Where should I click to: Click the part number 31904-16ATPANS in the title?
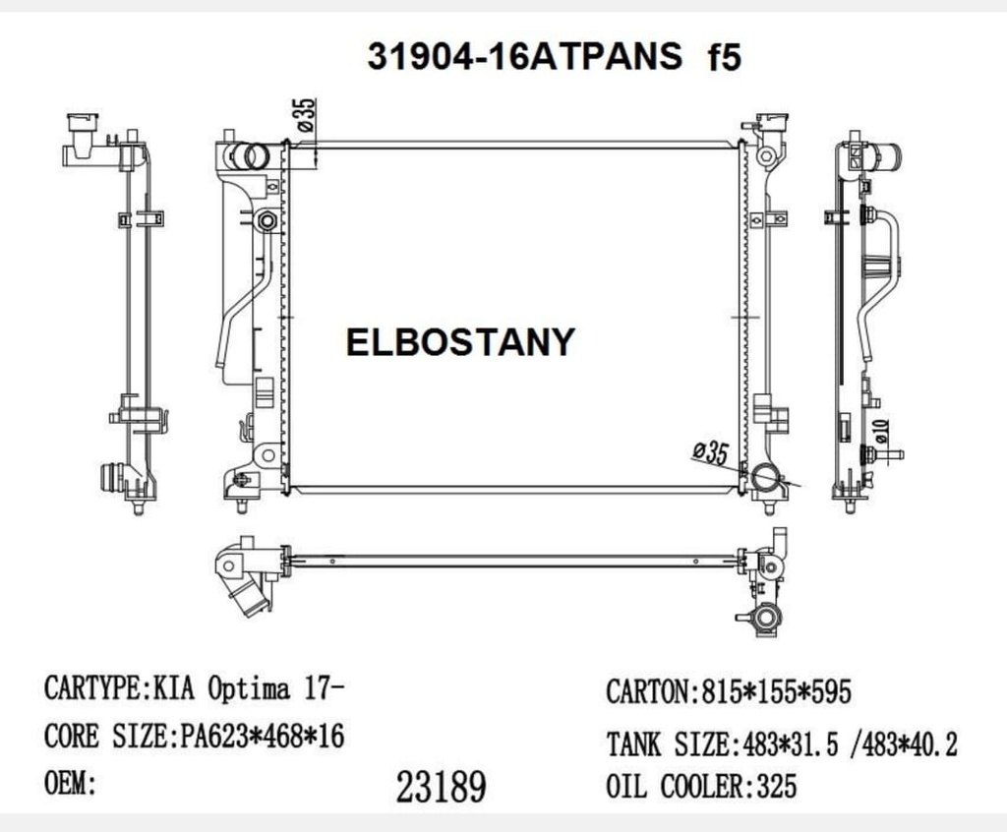coord(524,57)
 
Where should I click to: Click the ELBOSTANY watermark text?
coord(460,341)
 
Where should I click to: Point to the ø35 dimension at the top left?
coord(306,117)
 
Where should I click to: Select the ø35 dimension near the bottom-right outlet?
coord(710,453)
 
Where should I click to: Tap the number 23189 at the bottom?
coord(441,786)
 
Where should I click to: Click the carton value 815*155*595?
coord(774,691)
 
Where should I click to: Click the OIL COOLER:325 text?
coord(701,786)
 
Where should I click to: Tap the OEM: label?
coord(70,784)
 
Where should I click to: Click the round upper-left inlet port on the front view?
coord(254,155)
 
